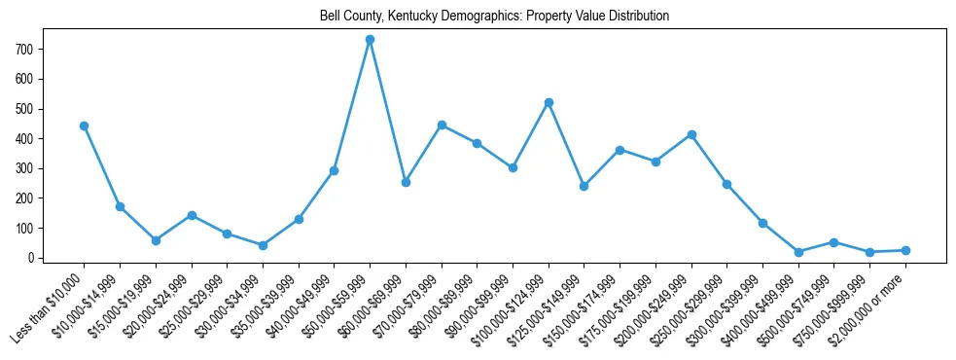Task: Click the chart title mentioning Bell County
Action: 494,17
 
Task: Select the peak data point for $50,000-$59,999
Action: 370,40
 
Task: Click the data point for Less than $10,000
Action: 84,126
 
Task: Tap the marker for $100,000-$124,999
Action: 549,102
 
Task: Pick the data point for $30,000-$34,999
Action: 263,245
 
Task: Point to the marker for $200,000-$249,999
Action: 691,134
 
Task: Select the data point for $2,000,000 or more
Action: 905,250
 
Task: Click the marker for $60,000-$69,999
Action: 406,182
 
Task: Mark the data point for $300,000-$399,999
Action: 762,223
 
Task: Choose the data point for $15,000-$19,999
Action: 156,240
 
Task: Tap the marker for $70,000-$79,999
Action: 442,125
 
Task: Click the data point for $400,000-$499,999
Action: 798,252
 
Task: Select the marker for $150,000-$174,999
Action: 620,150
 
